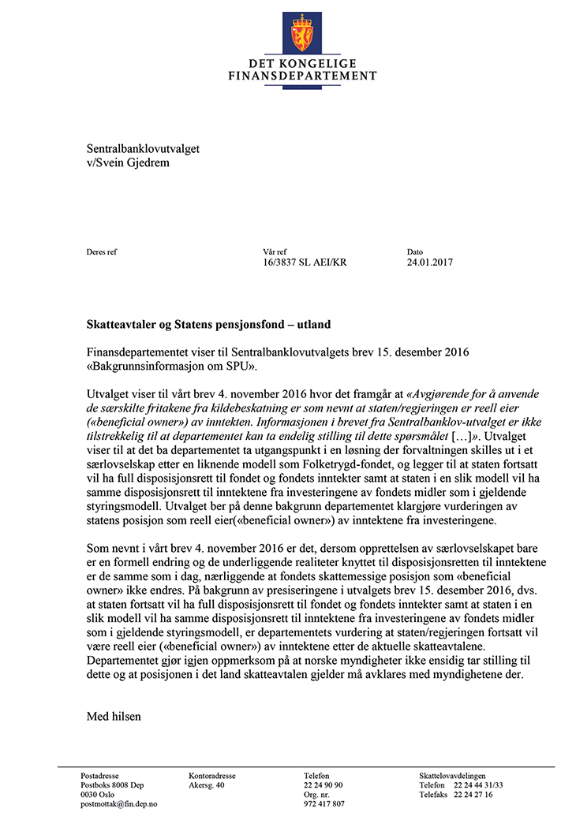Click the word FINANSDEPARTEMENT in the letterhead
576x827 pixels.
point(302,76)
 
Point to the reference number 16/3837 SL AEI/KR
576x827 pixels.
point(305,262)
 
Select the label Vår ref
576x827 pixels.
point(276,251)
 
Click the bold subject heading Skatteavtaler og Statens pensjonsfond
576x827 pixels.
point(208,325)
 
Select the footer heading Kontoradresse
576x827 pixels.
point(212,776)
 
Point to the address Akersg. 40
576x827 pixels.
point(207,785)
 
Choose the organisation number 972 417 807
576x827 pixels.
point(324,804)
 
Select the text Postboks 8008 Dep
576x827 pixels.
point(112,785)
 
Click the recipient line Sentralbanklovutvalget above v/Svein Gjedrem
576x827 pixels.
point(143,148)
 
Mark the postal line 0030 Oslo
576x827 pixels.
point(98,795)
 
